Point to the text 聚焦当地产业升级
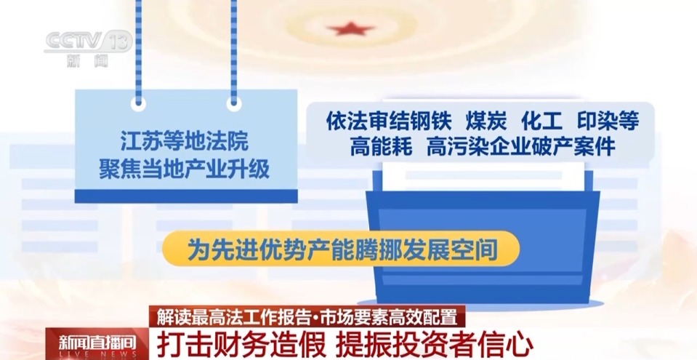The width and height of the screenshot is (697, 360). pos(185,169)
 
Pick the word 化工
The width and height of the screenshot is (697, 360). pos(541,121)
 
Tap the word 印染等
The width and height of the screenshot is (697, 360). pos(606,121)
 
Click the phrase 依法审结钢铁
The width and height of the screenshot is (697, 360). pos(389,121)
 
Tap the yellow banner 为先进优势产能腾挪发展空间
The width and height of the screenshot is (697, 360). pos(342,250)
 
